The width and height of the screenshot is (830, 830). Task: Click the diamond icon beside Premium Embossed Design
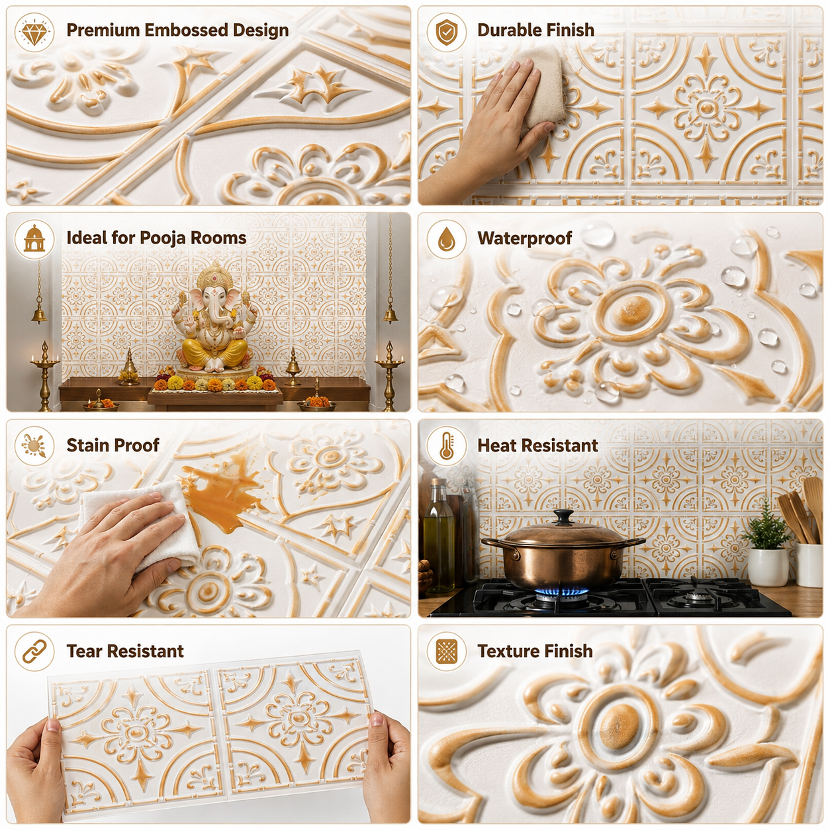(x=34, y=32)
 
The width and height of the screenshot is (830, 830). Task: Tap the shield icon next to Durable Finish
(x=446, y=32)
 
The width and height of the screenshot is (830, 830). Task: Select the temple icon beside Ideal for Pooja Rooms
(x=34, y=239)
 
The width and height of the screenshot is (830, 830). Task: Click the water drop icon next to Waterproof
(x=446, y=239)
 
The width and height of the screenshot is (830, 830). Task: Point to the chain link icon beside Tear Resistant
(x=34, y=652)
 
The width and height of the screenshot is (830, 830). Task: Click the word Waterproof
(x=525, y=238)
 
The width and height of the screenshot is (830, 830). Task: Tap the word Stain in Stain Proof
(x=91, y=445)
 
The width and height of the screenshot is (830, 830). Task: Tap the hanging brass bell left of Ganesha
(x=39, y=314)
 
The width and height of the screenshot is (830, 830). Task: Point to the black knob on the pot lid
(x=563, y=516)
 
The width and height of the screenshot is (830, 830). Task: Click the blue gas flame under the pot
(x=561, y=592)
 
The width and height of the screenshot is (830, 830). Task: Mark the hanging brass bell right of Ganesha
(x=391, y=314)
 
